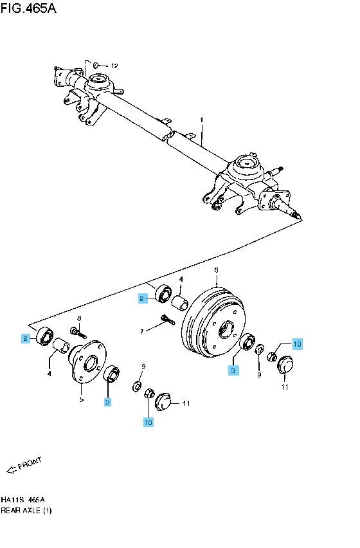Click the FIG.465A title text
[x=28, y=8]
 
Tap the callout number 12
[x=114, y=66]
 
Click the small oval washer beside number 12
[x=96, y=65]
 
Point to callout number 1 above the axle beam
[x=201, y=120]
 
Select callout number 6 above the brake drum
[x=216, y=269]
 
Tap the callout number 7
[x=142, y=331]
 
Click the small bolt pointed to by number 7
[x=168, y=320]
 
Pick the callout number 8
[x=79, y=318]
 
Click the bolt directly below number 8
[x=78, y=332]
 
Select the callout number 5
[x=82, y=399]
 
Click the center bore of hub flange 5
[x=91, y=362]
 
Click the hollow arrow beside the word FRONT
[x=12, y=470]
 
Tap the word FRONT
[x=30, y=464]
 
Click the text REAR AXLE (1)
[x=26, y=510]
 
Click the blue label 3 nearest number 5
[x=108, y=403]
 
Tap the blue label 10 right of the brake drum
[x=297, y=344]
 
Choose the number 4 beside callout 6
[x=181, y=280]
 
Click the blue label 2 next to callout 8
[x=25, y=338]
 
